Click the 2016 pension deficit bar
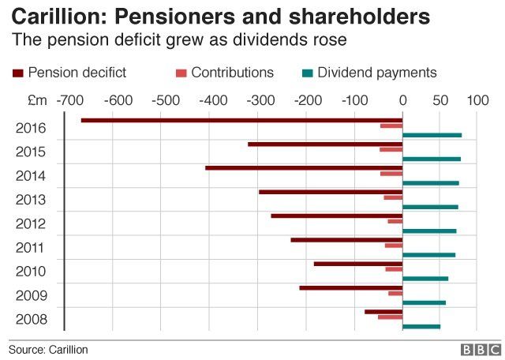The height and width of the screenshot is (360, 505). [x=241, y=120]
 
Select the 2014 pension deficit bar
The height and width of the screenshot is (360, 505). [x=304, y=168]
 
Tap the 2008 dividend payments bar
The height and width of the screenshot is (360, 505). [x=421, y=326]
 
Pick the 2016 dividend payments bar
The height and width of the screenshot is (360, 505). [x=432, y=135]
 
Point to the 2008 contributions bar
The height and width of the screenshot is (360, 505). [x=390, y=317]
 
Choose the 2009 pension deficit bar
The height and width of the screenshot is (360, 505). [x=350, y=287]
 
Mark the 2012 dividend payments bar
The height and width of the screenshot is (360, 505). [x=429, y=231]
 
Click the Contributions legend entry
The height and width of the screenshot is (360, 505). [x=224, y=73]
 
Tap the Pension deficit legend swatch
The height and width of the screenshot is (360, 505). [x=18, y=73]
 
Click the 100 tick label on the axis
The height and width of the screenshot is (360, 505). [x=477, y=101]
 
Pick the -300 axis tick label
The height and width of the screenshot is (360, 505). [x=258, y=101]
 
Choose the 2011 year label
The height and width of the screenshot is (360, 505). [x=31, y=248]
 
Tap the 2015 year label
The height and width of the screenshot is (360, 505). [x=31, y=152]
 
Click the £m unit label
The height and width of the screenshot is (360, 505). [x=36, y=101]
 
